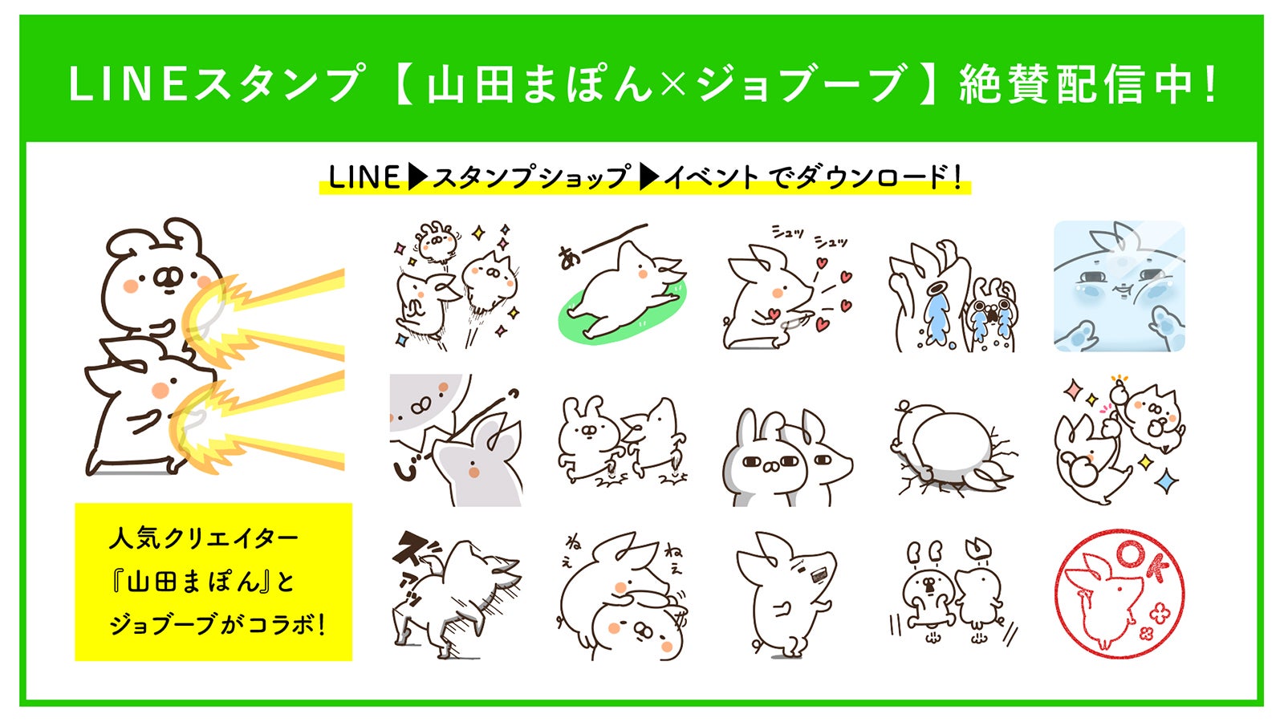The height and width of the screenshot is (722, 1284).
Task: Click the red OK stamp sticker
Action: click(x=1119, y=594)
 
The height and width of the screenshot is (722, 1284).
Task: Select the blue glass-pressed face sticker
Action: click(x=1119, y=286)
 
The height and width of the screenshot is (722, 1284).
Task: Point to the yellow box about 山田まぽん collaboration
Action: click(x=213, y=582)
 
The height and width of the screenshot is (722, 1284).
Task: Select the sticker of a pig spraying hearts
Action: click(x=786, y=293)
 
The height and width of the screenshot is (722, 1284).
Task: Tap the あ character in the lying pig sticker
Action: click(x=569, y=258)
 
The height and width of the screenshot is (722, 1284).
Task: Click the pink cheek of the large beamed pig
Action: click(x=160, y=390)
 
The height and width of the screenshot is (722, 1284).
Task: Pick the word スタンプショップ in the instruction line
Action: click(x=530, y=177)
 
